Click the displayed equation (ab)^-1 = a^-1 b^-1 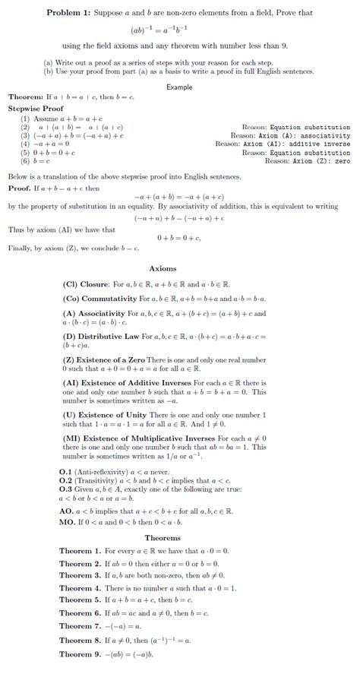(x=179, y=30)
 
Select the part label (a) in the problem (x=49, y=63)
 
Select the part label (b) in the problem (x=49, y=71)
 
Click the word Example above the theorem (x=179, y=87)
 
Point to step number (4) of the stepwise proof (x=25, y=144)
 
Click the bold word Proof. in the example (x=19, y=188)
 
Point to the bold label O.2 (x=65, y=480)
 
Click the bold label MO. (x=67, y=522)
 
